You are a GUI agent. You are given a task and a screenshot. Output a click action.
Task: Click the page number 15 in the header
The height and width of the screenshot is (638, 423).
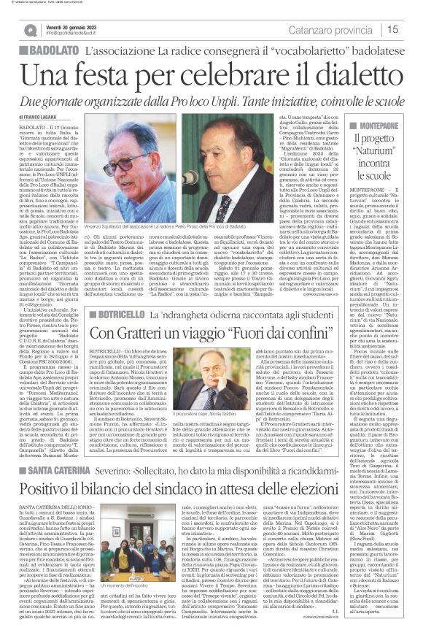pos(392,29)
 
